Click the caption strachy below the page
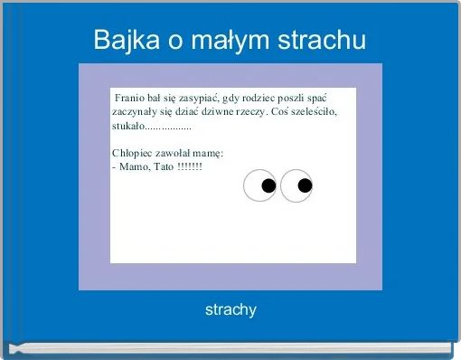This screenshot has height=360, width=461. click(230, 310)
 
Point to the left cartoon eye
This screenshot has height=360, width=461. click(260, 185)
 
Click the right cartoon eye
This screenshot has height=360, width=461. click(296, 185)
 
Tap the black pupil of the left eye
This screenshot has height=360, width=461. click(268, 186)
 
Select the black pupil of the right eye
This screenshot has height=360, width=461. click(305, 186)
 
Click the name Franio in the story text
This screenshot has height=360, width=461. click(129, 98)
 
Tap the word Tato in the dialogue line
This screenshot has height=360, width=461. click(164, 167)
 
